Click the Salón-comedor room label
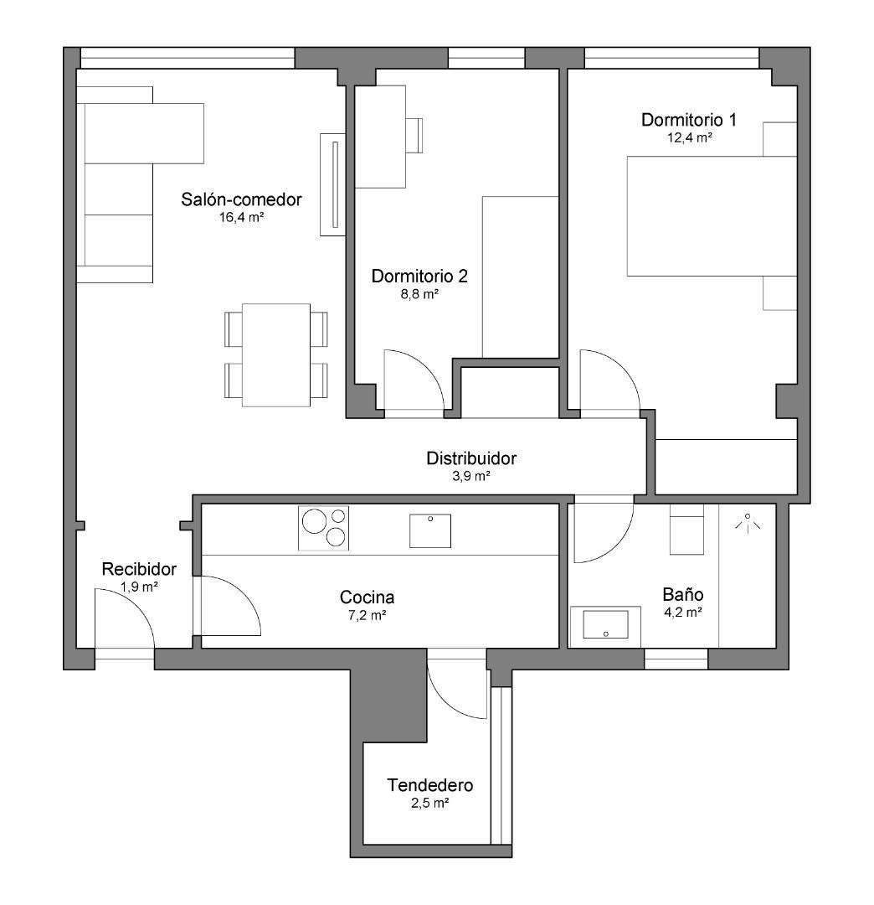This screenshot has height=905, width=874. click(x=241, y=199)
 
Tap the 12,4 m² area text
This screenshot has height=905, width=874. click(x=689, y=137)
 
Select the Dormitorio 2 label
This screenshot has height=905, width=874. click(x=419, y=276)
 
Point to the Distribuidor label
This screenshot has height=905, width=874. click(x=471, y=458)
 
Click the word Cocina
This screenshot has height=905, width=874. click(x=367, y=597)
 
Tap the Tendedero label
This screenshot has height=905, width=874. click(x=430, y=785)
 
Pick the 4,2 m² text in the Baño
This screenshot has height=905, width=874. click(x=682, y=613)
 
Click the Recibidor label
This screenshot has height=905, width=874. click(x=139, y=569)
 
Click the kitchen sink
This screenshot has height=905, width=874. click(x=430, y=531)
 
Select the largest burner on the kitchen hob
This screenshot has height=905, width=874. click(x=314, y=521)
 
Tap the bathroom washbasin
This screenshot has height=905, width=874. click(x=605, y=625)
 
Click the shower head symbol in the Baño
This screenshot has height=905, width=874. click(x=748, y=522)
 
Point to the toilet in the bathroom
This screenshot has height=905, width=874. click(x=686, y=530)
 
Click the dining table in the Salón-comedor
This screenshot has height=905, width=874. click(x=276, y=355)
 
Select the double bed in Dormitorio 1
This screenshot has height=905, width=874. click(x=712, y=216)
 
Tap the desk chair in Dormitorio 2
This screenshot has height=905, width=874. click(x=414, y=136)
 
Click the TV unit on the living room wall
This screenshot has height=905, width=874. click(x=333, y=184)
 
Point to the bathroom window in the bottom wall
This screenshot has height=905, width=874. click(x=676, y=659)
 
